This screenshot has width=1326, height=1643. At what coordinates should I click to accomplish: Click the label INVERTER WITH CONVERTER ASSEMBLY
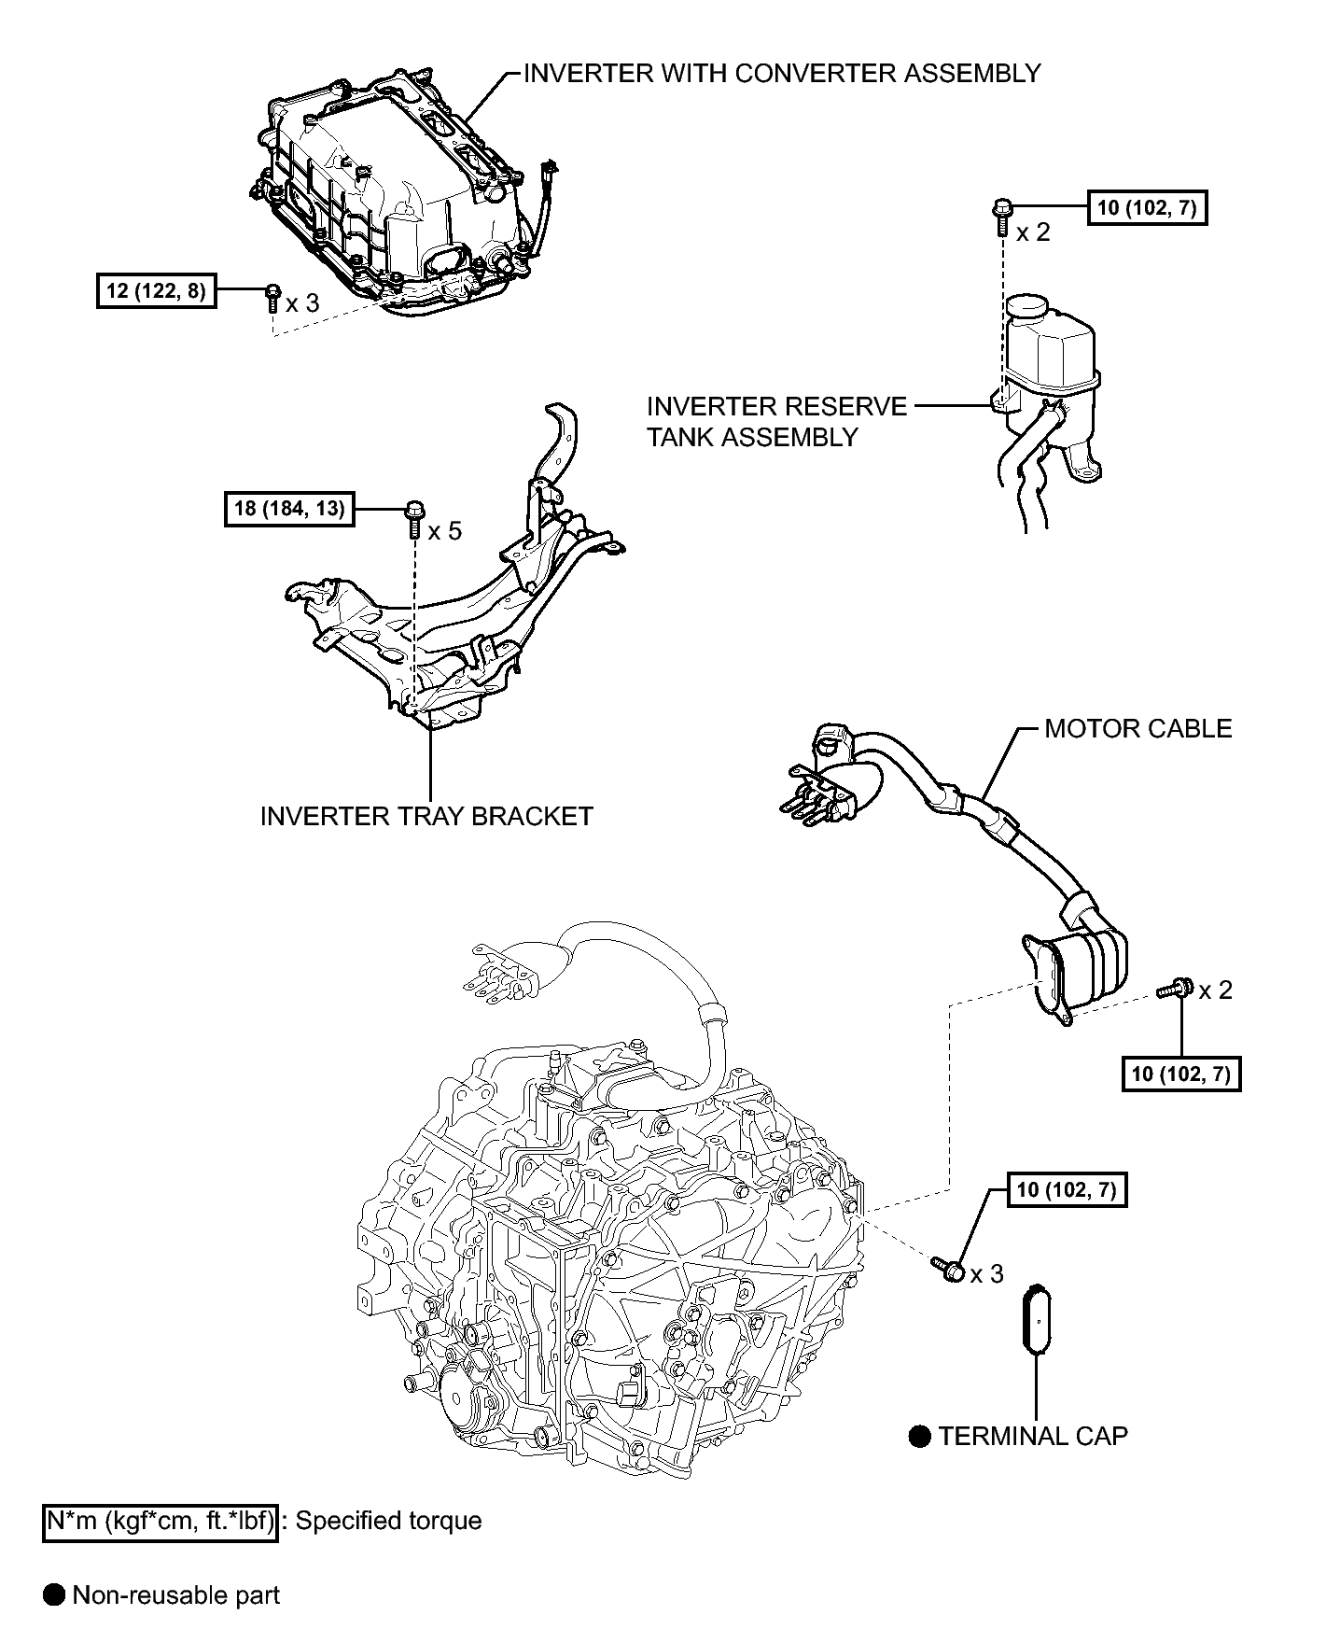(782, 73)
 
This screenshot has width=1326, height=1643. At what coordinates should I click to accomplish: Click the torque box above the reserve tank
(1147, 207)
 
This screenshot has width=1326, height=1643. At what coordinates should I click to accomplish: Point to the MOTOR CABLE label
(1138, 728)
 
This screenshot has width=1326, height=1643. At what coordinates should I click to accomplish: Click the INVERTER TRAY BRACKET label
(426, 816)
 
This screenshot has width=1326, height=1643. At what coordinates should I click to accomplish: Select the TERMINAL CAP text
(1033, 1436)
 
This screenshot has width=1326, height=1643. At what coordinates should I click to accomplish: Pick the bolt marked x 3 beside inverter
(272, 297)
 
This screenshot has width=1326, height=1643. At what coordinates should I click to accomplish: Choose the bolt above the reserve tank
(1001, 217)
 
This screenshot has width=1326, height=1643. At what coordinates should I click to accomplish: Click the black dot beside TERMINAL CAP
(920, 1437)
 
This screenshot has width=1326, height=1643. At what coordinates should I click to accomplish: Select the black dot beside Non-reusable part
(54, 1595)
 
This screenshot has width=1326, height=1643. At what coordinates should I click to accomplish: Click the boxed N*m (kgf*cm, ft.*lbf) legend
(161, 1522)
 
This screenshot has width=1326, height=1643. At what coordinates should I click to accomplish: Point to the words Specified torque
(388, 1522)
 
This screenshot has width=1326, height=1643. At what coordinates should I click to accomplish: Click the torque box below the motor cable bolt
(1180, 1074)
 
